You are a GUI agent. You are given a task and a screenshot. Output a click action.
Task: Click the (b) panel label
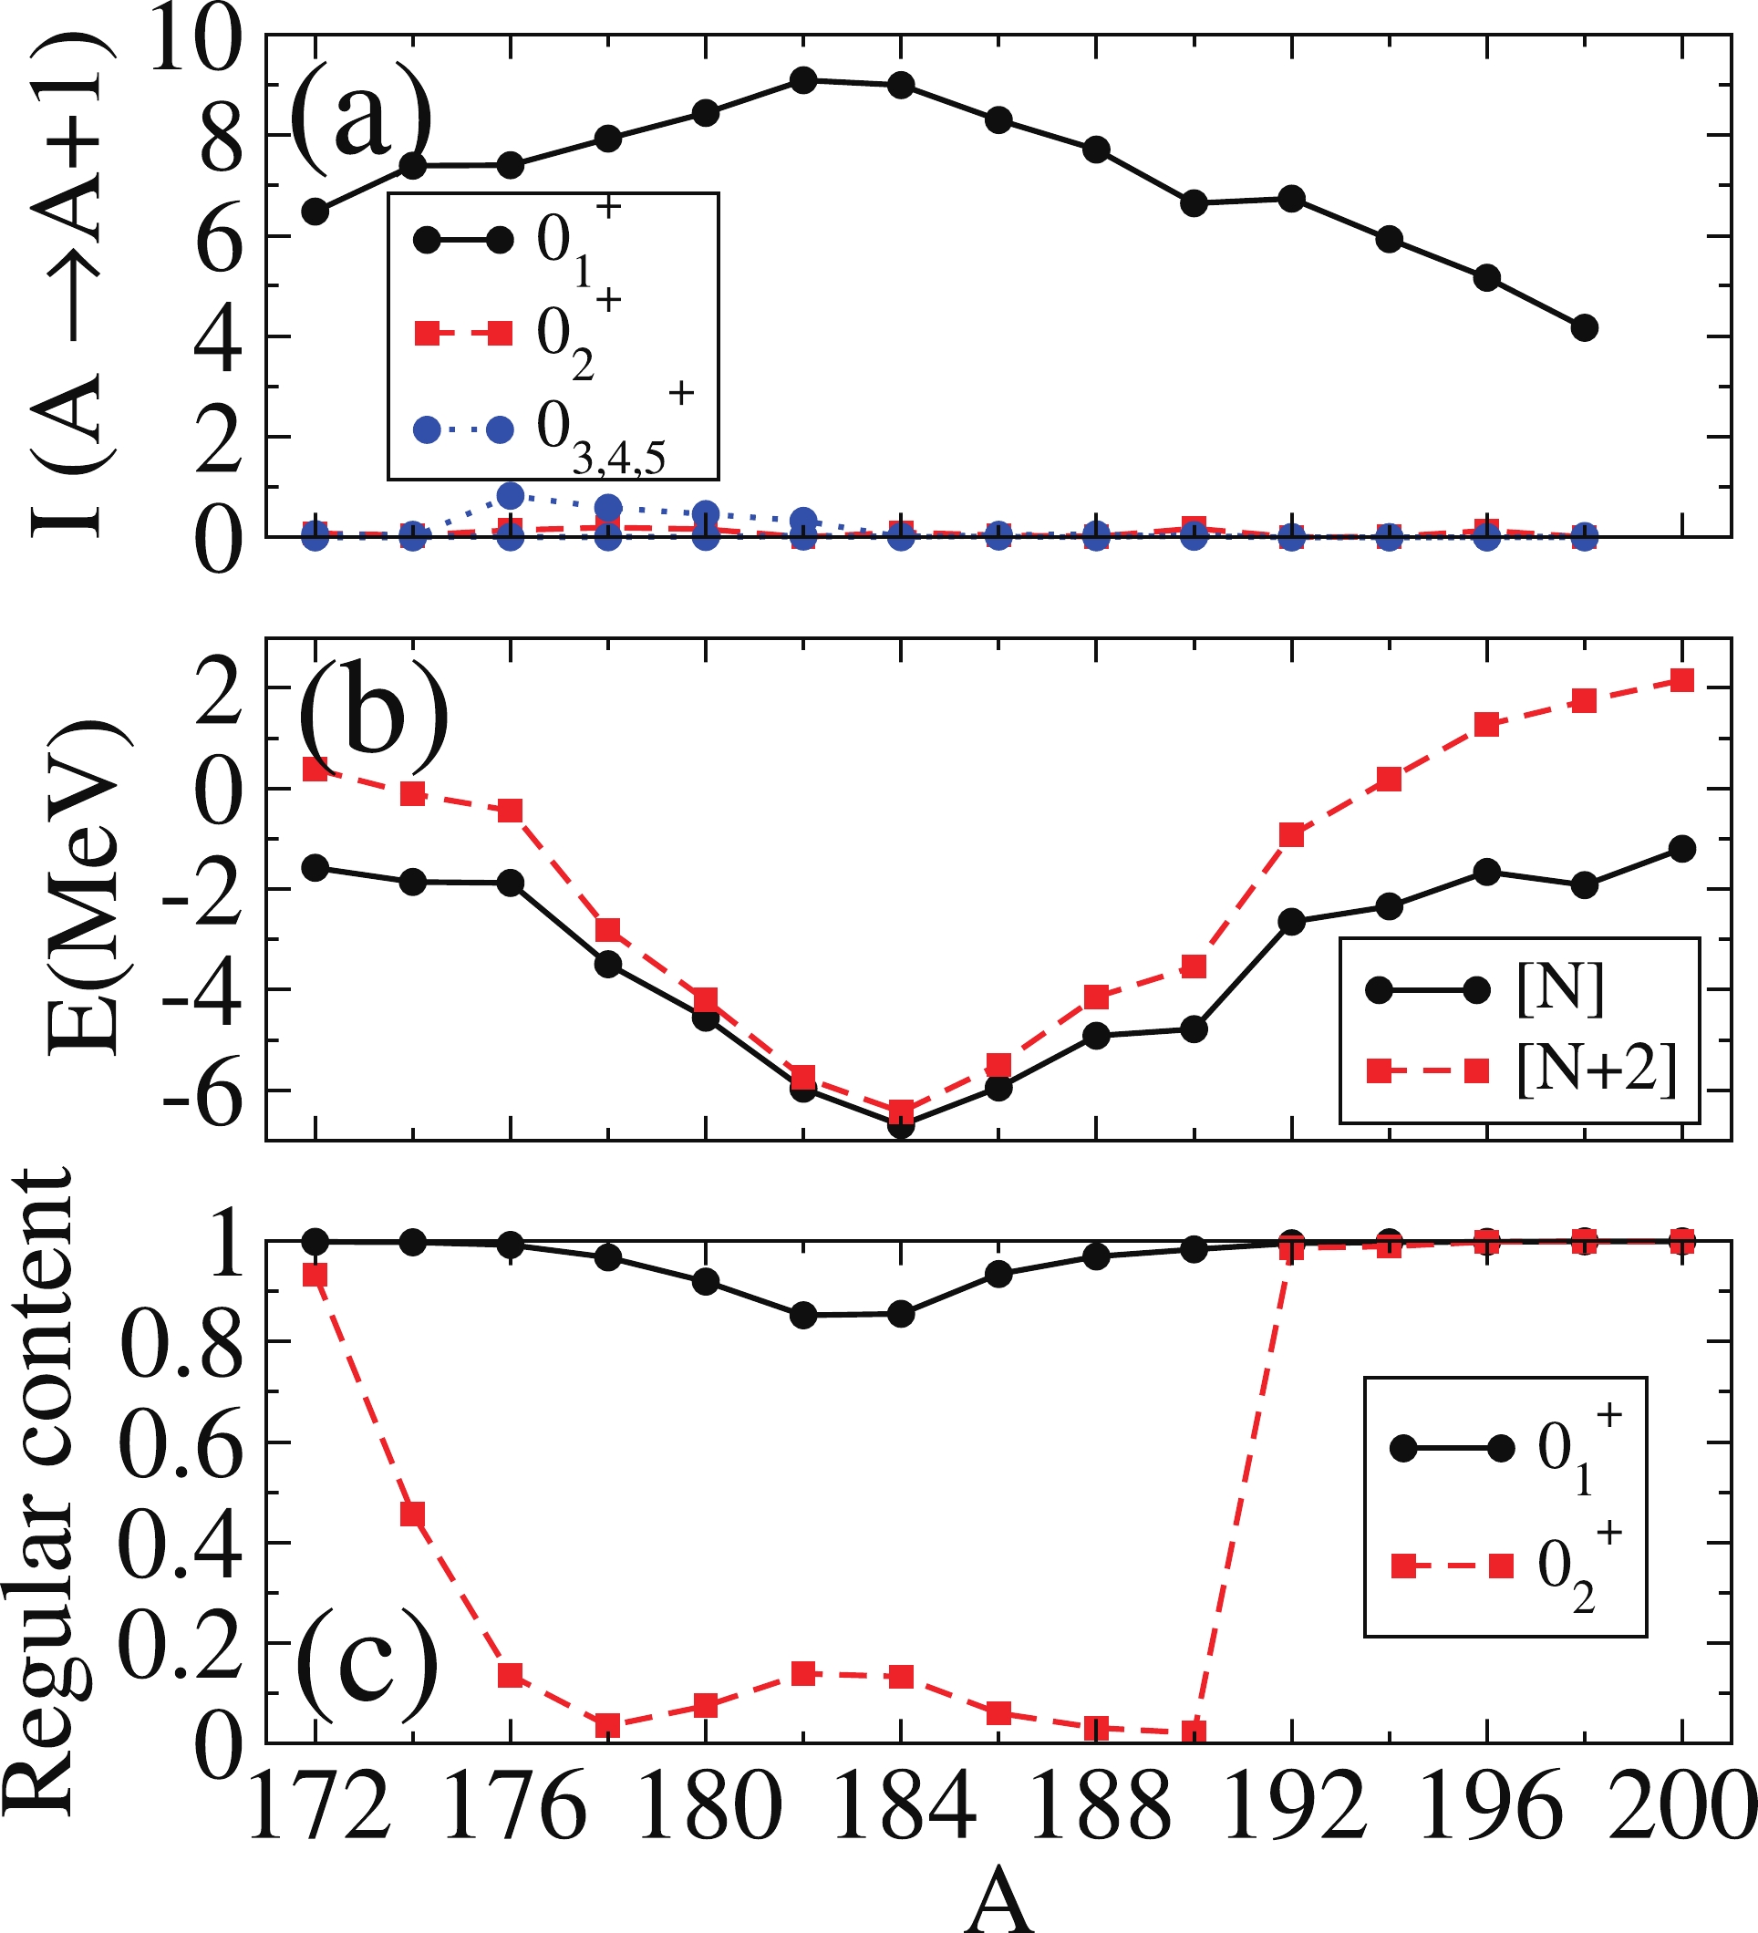[373, 718]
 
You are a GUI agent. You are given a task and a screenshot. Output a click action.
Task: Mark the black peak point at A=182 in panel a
[803, 80]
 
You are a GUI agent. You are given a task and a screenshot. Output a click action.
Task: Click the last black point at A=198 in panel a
[1586, 328]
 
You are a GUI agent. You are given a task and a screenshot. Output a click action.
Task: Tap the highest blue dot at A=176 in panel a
[512, 496]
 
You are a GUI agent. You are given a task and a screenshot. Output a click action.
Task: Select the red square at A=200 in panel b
[1682, 680]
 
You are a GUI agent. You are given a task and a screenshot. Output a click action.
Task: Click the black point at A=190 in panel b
[1194, 1029]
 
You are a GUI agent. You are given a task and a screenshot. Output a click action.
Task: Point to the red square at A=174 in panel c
[413, 1514]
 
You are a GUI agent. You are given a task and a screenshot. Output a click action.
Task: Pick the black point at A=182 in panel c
[803, 1316]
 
